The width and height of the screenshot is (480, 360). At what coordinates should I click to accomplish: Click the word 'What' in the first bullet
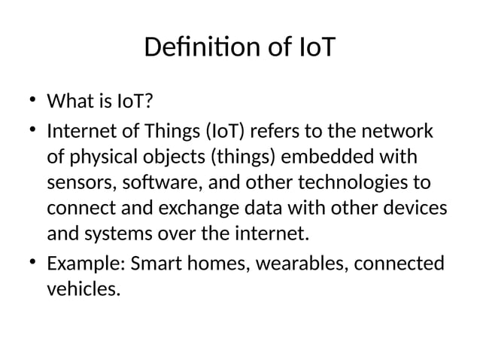[x=68, y=101]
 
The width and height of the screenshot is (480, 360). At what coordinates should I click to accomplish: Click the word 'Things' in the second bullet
[x=172, y=132]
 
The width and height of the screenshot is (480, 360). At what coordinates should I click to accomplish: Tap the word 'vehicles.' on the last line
[x=83, y=289]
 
